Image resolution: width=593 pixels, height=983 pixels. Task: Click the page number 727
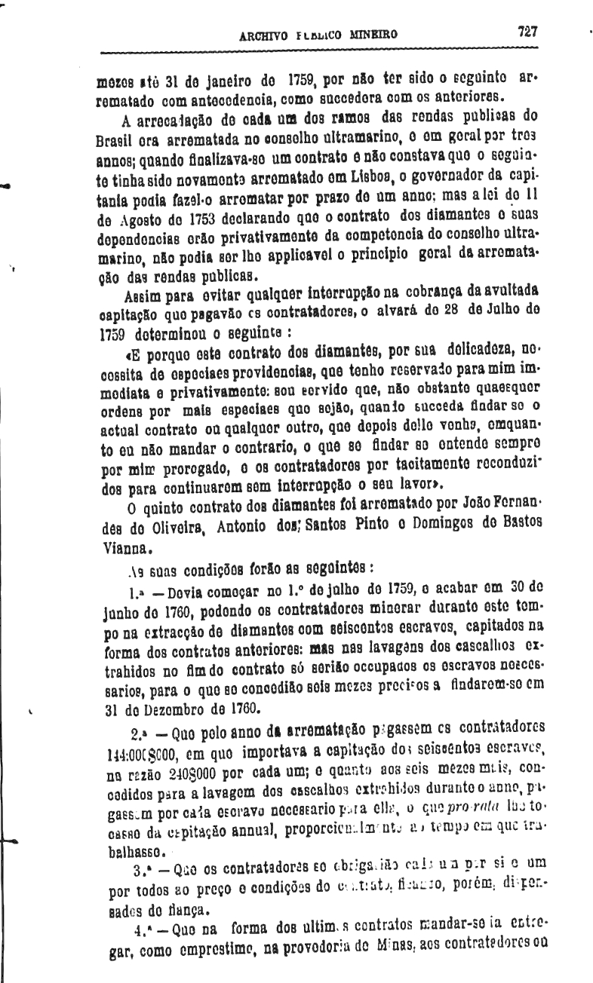(526, 32)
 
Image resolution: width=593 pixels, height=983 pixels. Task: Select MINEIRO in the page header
(372, 35)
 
